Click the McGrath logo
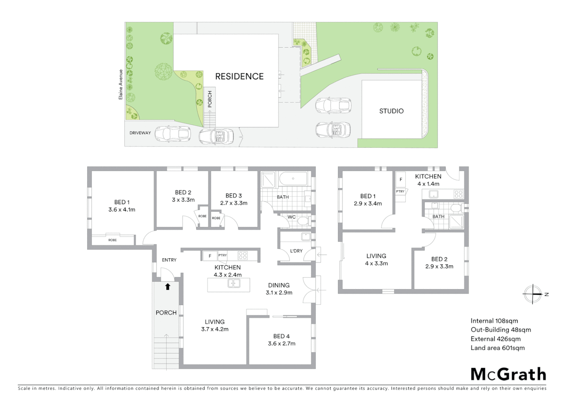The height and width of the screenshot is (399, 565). pos(508,374)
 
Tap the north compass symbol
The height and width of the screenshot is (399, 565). pos(533,294)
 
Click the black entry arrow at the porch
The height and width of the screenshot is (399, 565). pos(168,286)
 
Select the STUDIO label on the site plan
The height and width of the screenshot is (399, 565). pos(391,111)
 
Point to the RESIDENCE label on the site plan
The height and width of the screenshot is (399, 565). pos(239,76)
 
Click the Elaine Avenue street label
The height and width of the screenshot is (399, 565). pos(121,85)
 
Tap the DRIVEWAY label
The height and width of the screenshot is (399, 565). pos(140,133)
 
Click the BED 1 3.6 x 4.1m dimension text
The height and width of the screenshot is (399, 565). pos(122,209)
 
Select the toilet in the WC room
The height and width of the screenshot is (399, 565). pos(303,221)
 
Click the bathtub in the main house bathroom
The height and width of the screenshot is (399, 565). pos(293,179)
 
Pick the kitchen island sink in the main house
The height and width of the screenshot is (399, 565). pos(234,283)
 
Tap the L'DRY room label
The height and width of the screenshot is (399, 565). pos(296,251)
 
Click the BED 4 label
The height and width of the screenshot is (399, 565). pos(281,336)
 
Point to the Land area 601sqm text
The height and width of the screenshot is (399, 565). pos(497,348)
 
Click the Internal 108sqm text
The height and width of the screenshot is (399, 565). pos(494,321)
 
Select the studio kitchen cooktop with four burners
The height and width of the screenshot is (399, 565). pos(459,194)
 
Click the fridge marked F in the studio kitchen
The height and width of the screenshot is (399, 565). pos(401,180)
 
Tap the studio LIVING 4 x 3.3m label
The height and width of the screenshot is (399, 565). pos(376,259)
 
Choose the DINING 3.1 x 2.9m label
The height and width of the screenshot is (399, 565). pos(279,289)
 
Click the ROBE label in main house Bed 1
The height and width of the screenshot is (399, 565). pos(112,240)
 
